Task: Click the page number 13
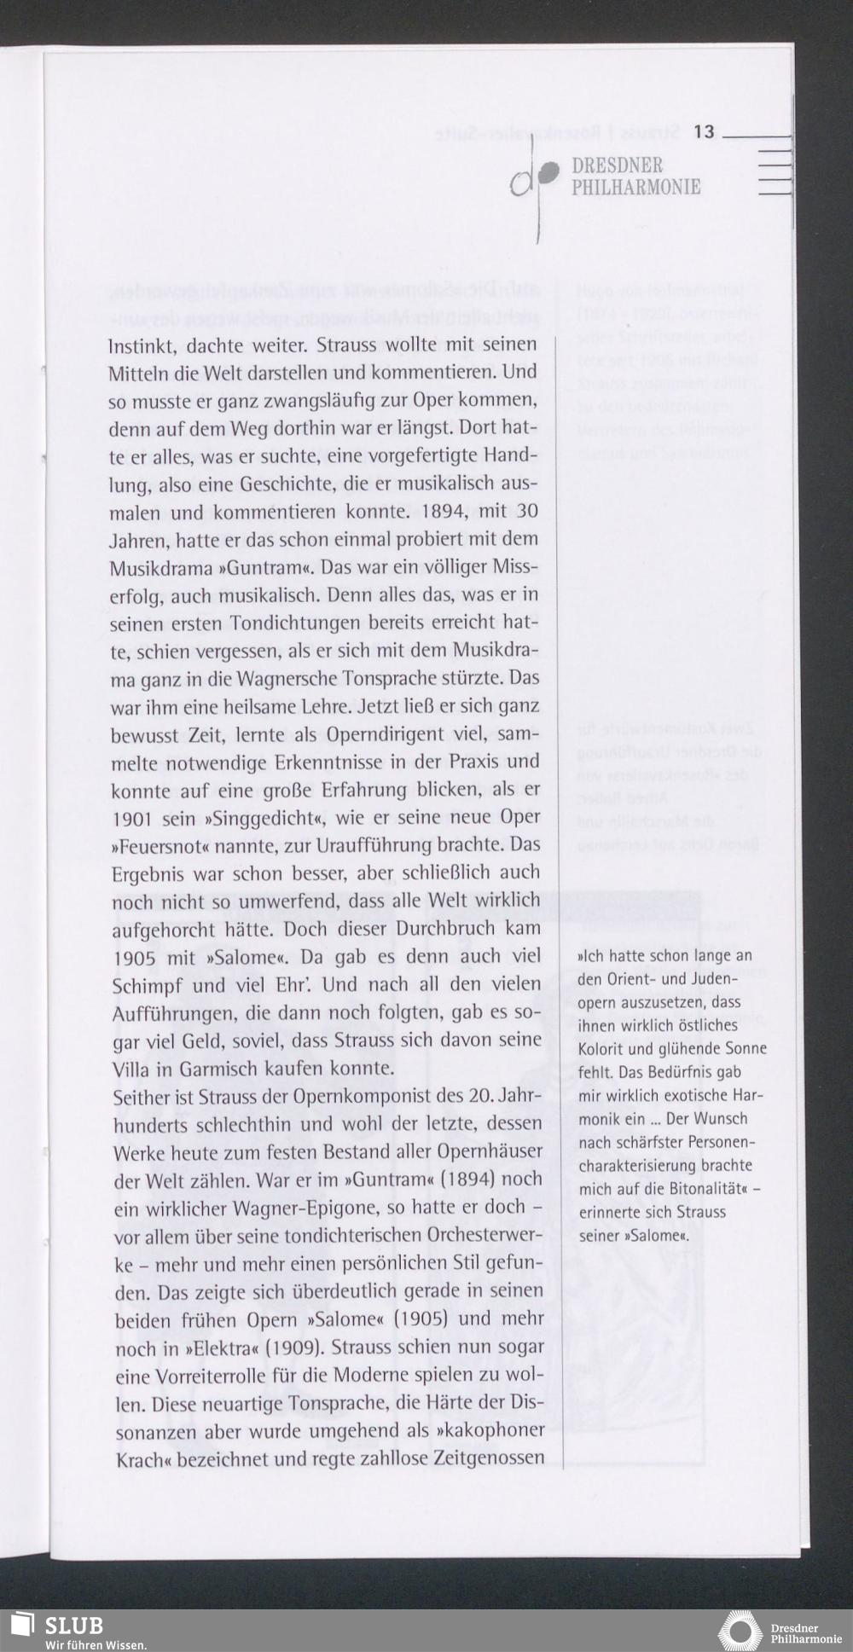tap(704, 131)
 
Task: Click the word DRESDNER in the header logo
tap(617, 165)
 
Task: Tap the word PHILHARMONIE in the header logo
tap(635, 187)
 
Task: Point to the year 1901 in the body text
tap(132, 819)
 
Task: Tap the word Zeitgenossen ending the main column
tap(489, 1458)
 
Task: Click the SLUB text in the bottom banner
tap(74, 1625)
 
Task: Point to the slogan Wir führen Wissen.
tap(96, 1644)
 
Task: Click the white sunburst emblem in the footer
tap(740, 1631)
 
